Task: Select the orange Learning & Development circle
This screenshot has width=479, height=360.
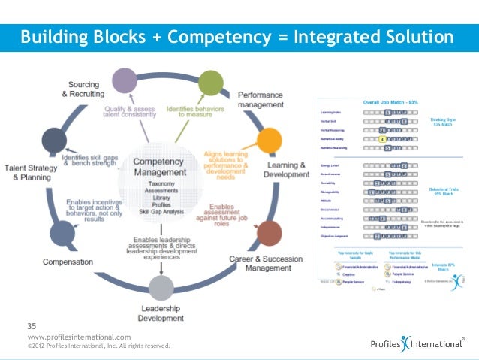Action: [269, 140]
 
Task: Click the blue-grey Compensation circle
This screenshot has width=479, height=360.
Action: [62, 234]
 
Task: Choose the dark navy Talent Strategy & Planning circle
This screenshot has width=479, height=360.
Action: [53, 140]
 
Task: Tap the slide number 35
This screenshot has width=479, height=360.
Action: [32, 325]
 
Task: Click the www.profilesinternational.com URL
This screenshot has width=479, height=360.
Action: [79, 337]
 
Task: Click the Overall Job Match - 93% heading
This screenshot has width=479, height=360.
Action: [390, 101]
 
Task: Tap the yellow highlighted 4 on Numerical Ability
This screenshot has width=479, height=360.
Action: [381, 138]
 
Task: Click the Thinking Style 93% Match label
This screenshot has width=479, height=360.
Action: [444, 123]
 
